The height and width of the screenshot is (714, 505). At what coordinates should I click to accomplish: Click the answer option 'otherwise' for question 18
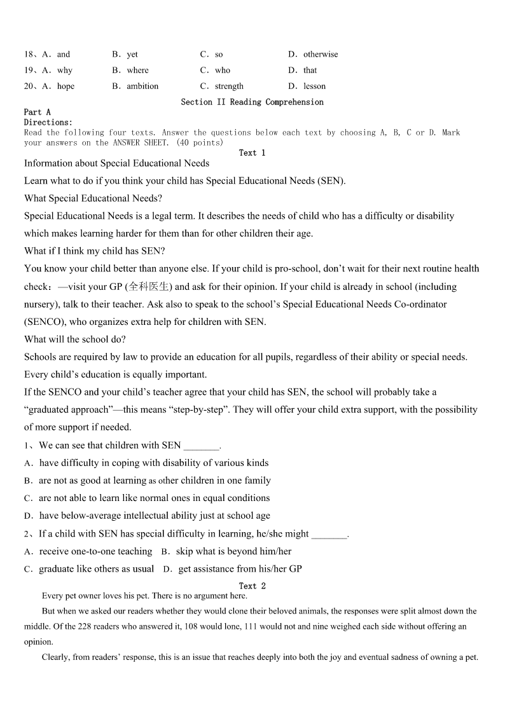[x=321, y=55]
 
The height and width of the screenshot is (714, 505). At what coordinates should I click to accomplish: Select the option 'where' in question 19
[x=137, y=71]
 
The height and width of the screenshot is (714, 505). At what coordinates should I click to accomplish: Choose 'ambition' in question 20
[x=142, y=86]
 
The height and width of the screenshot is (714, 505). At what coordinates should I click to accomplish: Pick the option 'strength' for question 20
[x=229, y=86]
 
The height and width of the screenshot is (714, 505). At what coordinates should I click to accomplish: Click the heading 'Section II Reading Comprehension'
[x=252, y=102]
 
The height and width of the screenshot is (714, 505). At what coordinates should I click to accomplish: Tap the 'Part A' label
[x=38, y=113]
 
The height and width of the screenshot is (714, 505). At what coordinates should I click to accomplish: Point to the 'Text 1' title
[x=252, y=153]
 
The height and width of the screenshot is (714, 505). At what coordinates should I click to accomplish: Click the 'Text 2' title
[x=252, y=586]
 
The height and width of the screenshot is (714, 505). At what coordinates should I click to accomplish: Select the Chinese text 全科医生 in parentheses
[x=149, y=287]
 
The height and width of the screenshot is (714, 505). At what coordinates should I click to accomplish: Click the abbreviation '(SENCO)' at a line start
[x=43, y=322]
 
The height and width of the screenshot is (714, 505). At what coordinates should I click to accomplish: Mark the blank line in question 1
[x=201, y=446]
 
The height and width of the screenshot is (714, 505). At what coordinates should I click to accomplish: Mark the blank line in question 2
[x=329, y=535]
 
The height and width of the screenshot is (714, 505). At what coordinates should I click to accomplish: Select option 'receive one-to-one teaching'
[x=95, y=552]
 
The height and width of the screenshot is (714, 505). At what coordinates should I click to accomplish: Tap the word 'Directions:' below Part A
[x=48, y=123]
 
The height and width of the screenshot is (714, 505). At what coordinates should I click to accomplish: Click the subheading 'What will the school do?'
[x=75, y=340]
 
